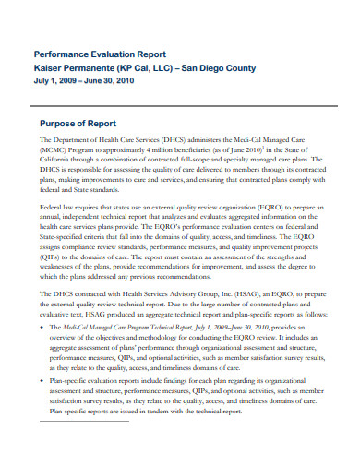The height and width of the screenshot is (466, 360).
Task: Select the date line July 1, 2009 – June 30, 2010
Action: (85, 81)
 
